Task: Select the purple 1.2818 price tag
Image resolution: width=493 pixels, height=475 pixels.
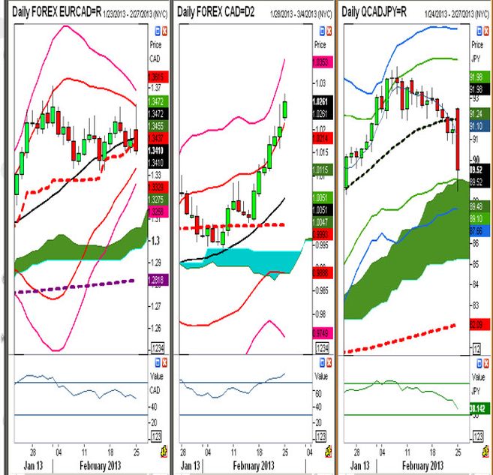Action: pos(158,281)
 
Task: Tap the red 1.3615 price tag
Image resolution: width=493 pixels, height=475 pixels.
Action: pos(158,76)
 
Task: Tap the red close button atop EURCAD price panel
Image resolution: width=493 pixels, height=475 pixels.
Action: pos(165,30)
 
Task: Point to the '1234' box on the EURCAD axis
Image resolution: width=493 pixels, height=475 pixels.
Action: pos(158,347)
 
